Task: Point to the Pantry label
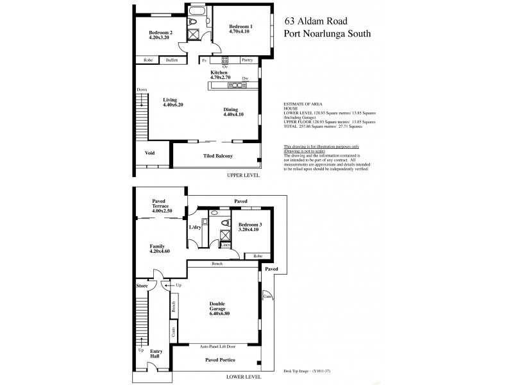[247, 60]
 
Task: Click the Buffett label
[171, 60]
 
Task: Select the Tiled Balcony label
[218, 156]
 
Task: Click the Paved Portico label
[219, 360]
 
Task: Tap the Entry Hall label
[156, 353]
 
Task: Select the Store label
[142, 285]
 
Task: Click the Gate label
[265, 296]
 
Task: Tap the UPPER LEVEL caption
[242, 175]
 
